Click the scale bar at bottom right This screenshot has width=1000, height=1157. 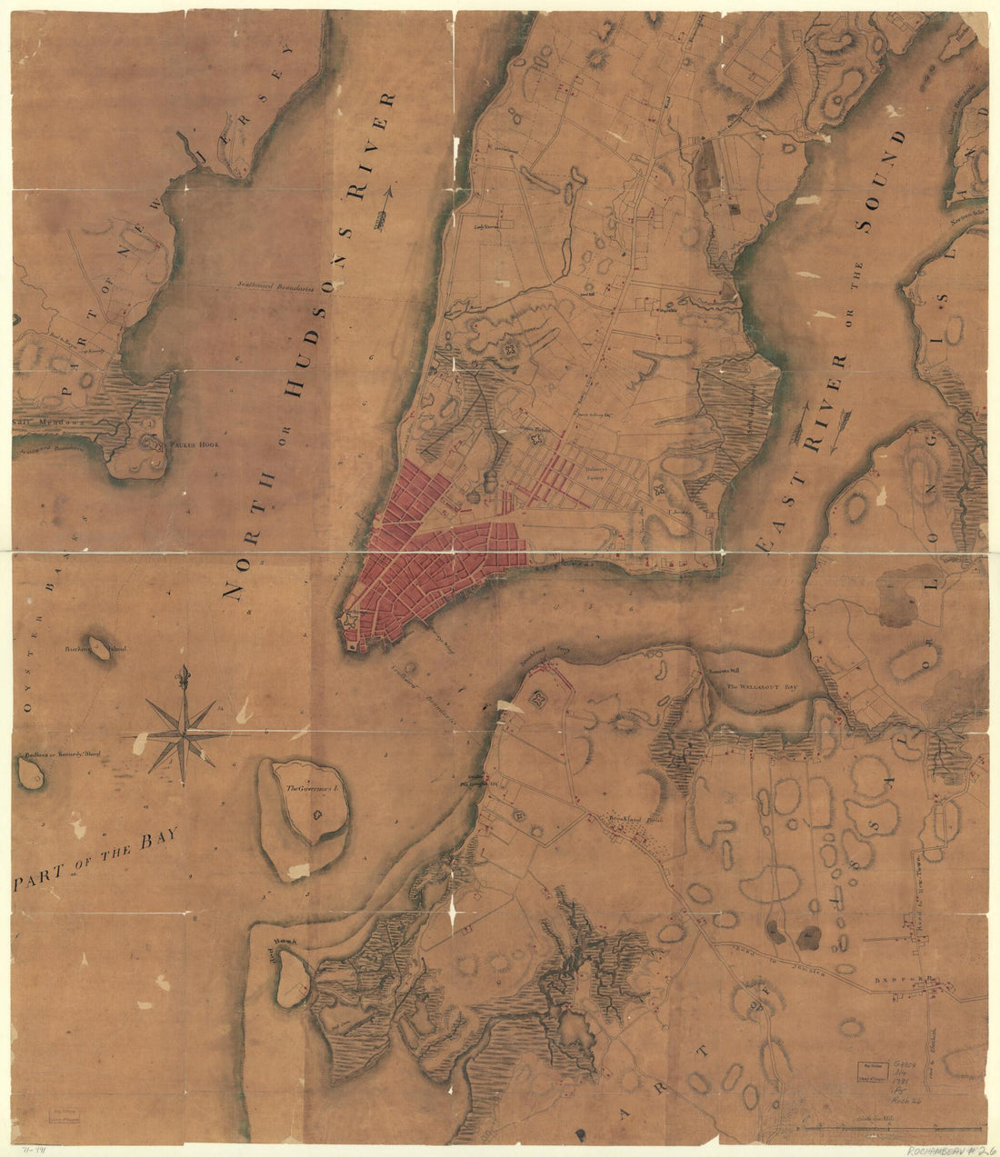pos(891,1129)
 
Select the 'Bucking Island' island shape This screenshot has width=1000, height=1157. pos(95,647)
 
